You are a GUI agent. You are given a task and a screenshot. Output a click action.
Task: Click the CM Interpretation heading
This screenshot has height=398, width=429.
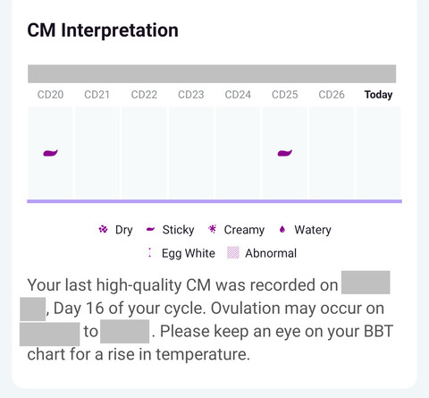tap(103, 30)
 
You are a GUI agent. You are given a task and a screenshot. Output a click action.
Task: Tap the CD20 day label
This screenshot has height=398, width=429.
tap(50, 95)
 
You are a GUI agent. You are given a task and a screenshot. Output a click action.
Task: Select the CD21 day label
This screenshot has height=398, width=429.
tap(97, 95)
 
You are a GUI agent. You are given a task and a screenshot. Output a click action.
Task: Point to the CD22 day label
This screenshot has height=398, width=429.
tap(144, 95)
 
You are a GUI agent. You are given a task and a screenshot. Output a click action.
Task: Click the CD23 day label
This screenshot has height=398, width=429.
tap(190, 95)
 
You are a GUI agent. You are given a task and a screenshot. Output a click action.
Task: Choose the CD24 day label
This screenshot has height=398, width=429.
tap(238, 95)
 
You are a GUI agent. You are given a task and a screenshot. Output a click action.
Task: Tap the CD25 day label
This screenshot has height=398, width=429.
tap(284, 95)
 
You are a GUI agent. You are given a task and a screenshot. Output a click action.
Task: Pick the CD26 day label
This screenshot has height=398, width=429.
tap(332, 95)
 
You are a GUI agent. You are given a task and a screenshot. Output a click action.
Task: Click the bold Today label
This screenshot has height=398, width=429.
tap(378, 95)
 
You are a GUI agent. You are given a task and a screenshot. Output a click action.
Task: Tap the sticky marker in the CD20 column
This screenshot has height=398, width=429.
tap(50, 153)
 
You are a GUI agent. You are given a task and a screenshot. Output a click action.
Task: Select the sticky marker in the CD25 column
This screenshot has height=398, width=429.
tap(284, 153)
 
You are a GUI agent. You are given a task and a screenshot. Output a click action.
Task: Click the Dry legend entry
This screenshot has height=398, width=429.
tap(115, 230)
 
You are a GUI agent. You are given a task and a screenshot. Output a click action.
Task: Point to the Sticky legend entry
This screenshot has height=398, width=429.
tap(170, 230)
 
